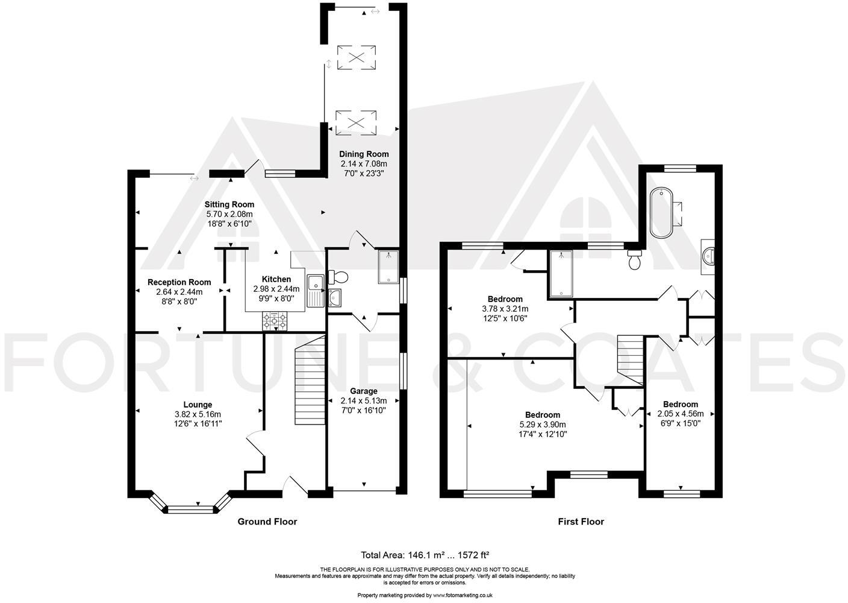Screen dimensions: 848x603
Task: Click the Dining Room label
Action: tap(364, 154)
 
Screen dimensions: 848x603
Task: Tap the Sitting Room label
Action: tap(229, 204)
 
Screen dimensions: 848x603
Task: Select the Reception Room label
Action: tap(179, 282)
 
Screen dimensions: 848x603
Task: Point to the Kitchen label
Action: tap(276, 279)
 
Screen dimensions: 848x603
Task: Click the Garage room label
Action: tap(363, 391)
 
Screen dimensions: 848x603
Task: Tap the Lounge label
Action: tap(198, 405)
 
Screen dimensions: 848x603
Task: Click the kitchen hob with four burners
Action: tap(275, 321)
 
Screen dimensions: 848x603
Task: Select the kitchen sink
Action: tap(316, 290)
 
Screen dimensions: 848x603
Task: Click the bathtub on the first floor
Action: tap(661, 213)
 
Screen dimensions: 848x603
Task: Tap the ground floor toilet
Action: tap(338, 277)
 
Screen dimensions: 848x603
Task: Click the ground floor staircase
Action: tap(310, 380)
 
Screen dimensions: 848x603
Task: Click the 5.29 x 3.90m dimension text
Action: tap(543, 425)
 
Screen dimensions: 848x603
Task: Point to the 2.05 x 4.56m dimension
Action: tap(681, 414)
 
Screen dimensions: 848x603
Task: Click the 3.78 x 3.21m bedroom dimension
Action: tap(505, 309)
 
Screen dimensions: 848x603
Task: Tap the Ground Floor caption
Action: tap(267, 522)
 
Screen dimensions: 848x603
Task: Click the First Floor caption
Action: tap(581, 522)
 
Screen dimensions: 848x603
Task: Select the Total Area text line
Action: tap(425, 555)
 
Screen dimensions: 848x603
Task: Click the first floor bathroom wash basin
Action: tap(708, 257)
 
